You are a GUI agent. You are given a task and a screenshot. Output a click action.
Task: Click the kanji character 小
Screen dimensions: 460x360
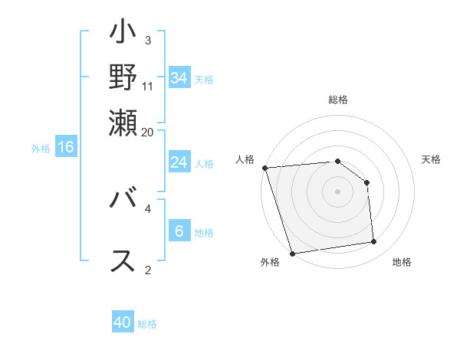click(x=123, y=35)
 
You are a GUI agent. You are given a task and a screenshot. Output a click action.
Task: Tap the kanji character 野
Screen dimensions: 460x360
click(x=123, y=77)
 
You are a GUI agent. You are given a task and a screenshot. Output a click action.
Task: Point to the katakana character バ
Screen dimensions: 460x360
click(x=123, y=201)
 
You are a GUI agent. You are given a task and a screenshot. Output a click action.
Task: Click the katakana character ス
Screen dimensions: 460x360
click(x=123, y=260)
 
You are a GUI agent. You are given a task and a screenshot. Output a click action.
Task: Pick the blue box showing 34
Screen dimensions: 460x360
click(x=179, y=77)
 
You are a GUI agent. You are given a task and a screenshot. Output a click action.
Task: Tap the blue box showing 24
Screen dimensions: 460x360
click(x=179, y=162)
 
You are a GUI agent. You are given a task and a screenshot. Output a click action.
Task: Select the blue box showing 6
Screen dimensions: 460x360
click(x=179, y=231)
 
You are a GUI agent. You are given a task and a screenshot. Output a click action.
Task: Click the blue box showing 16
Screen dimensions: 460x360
click(x=66, y=147)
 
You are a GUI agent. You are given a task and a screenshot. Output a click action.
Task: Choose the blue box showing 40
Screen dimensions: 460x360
click(x=123, y=322)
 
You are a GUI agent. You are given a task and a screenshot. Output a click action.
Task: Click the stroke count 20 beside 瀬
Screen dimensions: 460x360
click(x=148, y=133)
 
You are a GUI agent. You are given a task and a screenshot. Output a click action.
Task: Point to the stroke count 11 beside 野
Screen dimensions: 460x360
click(x=148, y=86)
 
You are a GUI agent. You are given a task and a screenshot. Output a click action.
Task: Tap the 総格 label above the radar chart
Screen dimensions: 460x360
click(x=337, y=100)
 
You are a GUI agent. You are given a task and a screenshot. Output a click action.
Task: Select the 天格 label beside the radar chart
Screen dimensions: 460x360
click(x=432, y=159)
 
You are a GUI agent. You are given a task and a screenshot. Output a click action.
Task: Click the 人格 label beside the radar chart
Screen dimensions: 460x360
click(x=245, y=159)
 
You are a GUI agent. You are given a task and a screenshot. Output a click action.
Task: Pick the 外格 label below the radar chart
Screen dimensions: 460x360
click(x=270, y=263)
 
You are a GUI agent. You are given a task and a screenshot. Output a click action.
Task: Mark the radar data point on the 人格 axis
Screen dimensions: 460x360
click(x=264, y=168)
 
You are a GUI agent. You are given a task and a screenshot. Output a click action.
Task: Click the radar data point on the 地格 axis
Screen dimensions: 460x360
click(x=374, y=242)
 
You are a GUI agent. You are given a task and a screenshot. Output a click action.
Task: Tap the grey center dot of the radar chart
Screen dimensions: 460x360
click(x=337, y=191)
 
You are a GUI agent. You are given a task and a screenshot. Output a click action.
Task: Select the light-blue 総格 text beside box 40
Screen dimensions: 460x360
click(x=147, y=324)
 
